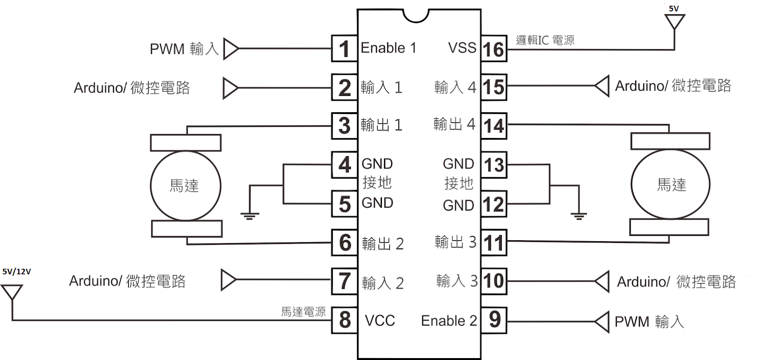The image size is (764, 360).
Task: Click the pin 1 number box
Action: click(344, 49)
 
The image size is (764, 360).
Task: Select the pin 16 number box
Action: click(494, 49)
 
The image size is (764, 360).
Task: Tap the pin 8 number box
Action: click(344, 320)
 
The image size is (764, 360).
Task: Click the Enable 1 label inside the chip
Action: click(388, 48)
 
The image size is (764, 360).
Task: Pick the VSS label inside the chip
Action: click(462, 48)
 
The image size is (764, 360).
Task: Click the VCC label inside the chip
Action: click(380, 320)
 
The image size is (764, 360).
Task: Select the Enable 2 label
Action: click(448, 321)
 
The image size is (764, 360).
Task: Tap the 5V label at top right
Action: click(674, 8)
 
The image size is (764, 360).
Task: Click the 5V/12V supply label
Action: click(17, 272)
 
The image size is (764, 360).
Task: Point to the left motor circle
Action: click(185, 186)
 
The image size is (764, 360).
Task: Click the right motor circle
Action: click(670, 184)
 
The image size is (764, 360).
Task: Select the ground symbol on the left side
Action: click(249, 215)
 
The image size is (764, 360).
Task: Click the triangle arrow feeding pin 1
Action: click(231, 49)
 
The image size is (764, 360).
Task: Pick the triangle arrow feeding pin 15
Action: click(602, 86)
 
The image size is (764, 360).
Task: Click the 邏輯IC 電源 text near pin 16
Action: click(545, 40)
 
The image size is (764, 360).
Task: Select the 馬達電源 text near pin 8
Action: click(303, 312)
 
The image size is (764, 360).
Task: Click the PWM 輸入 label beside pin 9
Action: click(649, 322)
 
